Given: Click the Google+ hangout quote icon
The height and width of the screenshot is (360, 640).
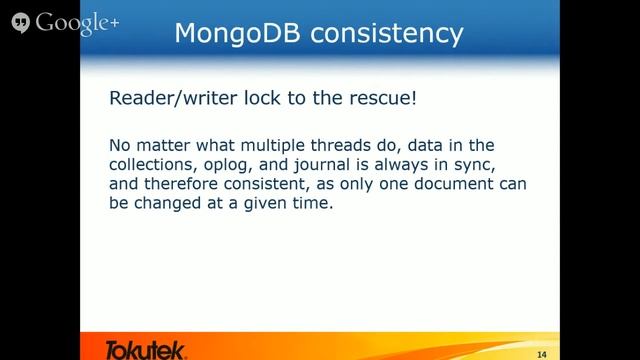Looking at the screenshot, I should (x=19, y=21).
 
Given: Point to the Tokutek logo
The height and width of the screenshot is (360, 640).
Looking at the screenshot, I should (x=145, y=348).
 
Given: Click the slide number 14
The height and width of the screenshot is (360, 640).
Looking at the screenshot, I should (x=541, y=353).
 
